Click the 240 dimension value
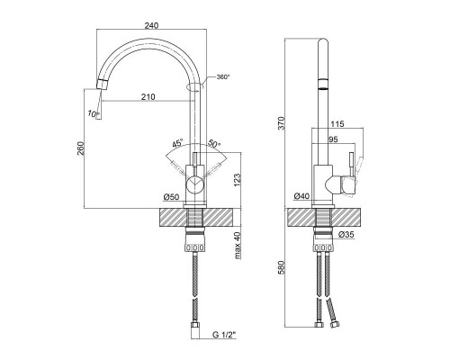[151, 25]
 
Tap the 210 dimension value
[148, 96]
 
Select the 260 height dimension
[81, 148]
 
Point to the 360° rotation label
[223, 77]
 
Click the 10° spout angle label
[94, 113]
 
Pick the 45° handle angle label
[177, 143]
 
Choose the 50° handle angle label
[214, 144]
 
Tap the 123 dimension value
[237, 180]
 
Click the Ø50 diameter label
[171, 197]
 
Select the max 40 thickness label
[238, 246]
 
